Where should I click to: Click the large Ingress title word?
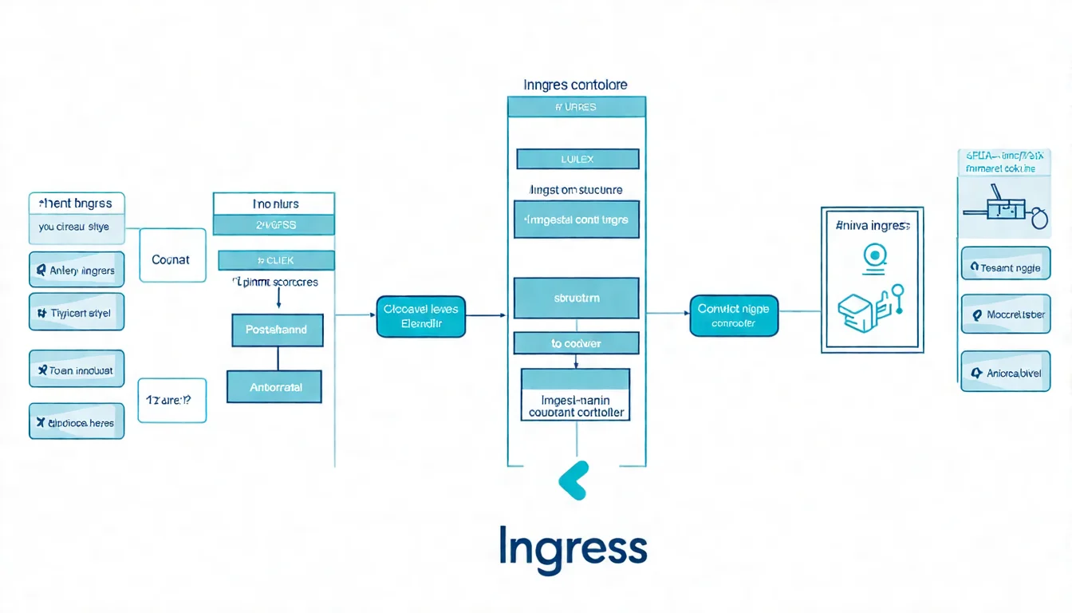[572, 547]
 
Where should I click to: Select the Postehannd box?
[277, 330]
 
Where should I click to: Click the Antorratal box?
[274, 386]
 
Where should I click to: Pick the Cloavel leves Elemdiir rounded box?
[420, 316]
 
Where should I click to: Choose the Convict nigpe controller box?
[733, 315]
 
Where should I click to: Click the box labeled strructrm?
[576, 298]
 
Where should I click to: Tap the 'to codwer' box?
[576, 343]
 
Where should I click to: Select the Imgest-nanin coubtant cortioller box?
[576, 394]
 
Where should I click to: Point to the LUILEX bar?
[577, 159]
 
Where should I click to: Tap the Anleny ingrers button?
[77, 270]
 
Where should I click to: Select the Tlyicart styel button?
[77, 312]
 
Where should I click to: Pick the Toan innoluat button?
[77, 370]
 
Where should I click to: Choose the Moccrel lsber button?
[1005, 314]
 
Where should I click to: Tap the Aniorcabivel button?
[1005, 371]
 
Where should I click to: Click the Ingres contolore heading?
[575, 85]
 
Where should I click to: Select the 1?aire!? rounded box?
[172, 400]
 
